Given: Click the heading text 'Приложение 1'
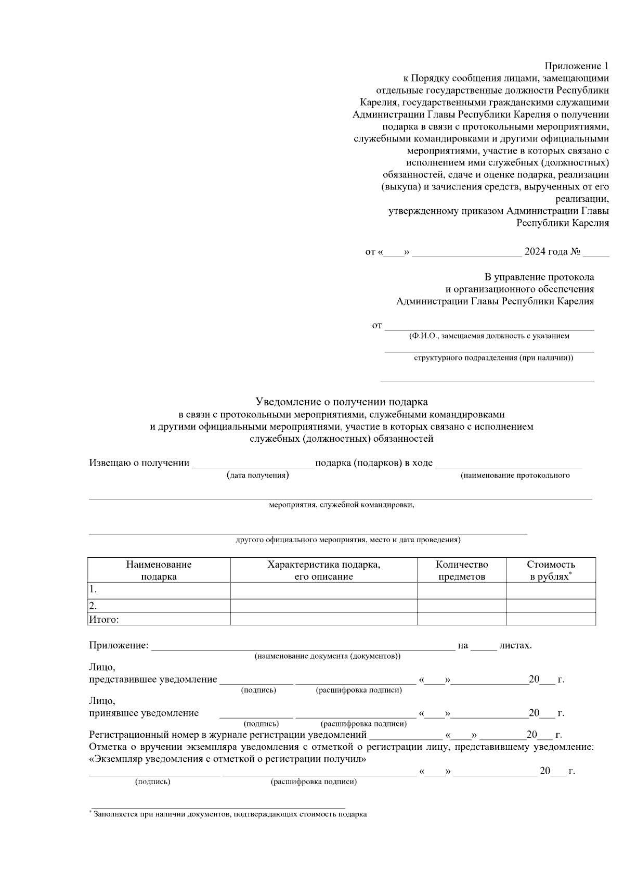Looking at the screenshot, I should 576,66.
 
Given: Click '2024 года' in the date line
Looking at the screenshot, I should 546,252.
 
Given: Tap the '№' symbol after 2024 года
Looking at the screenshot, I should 575,252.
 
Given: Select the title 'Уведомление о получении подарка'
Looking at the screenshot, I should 342,402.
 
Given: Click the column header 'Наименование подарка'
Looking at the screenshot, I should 159,570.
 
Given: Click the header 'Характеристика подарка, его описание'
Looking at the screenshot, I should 323,570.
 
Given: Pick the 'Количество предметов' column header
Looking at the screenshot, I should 462,570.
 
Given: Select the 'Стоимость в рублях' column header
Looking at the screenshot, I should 551,570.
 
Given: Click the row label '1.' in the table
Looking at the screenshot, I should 94,590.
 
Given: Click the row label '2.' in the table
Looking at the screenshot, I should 94,606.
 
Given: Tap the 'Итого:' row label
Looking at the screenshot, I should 104,619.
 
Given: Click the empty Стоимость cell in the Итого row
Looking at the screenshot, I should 551,619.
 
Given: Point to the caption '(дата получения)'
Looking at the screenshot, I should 258,475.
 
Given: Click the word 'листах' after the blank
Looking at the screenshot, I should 514,646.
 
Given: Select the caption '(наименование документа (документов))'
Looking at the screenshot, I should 327,656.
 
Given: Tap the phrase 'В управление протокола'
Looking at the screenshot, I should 539,277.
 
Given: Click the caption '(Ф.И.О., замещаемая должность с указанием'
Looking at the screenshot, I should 489,336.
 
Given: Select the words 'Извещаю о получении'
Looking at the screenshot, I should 139,463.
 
